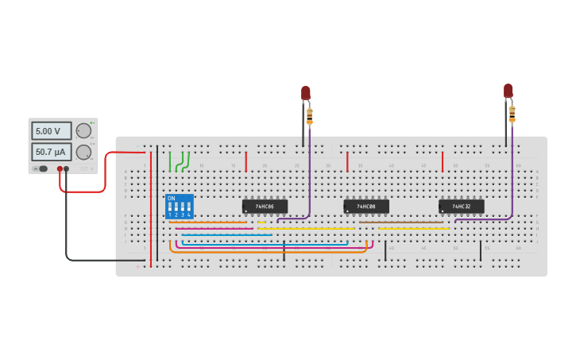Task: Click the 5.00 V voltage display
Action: tap(52, 131)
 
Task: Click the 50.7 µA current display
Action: tap(52, 152)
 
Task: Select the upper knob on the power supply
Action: tap(83, 131)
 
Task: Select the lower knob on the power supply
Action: tap(83, 152)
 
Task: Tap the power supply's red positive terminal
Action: tap(60, 168)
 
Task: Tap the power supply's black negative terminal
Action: tap(67, 168)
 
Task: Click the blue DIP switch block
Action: tap(179, 207)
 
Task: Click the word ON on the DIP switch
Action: tap(171, 199)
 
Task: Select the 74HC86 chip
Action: tap(265, 207)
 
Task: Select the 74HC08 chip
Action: tap(366, 207)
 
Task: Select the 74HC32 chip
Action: tap(461, 207)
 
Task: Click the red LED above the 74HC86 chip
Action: tap(306, 92)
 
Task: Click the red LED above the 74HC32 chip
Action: tap(508, 91)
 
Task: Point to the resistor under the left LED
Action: tap(310, 116)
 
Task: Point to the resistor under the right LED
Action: tap(512, 114)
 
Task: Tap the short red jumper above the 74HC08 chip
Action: tap(347, 162)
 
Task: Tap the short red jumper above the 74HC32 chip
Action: tap(443, 162)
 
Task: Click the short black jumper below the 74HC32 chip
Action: tap(480, 251)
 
